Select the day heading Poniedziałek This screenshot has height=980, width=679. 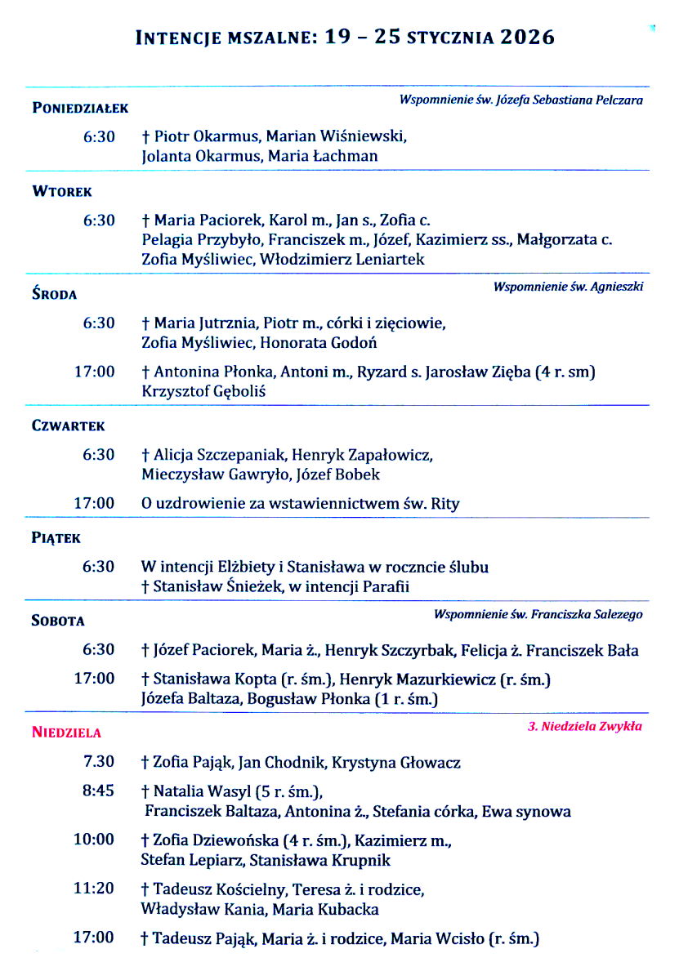[x=80, y=108]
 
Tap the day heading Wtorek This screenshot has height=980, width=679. [x=62, y=192]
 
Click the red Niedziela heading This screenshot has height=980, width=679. [x=67, y=733]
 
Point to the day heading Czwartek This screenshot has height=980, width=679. [x=69, y=425]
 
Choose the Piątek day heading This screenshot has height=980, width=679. [x=56, y=538]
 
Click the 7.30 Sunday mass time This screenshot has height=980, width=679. [x=99, y=762]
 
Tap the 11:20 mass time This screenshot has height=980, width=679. [x=95, y=889]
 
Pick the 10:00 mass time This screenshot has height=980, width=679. [x=95, y=840]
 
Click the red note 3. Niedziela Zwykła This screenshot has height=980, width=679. [x=585, y=725]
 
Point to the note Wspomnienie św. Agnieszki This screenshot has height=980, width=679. [x=568, y=287]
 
